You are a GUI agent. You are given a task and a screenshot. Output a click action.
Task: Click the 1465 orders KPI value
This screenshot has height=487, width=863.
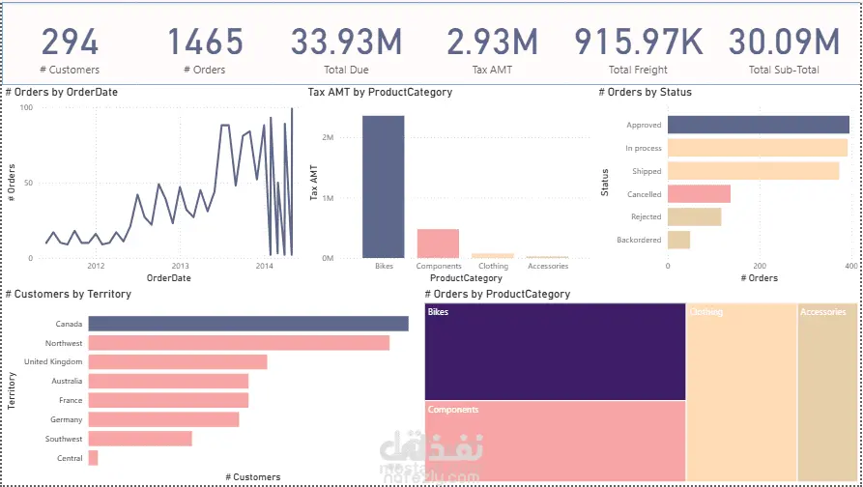pyautogui.click(x=205, y=43)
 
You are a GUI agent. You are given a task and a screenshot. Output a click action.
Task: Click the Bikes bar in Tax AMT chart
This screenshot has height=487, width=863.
pyautogui.click(x=384, y=186)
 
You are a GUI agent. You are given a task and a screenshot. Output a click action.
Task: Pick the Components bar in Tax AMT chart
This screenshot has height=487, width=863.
pyautogui.click(x=438, y=243)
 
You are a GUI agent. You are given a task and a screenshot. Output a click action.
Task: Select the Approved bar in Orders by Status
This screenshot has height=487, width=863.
pyautogui.click(x=758, y=125)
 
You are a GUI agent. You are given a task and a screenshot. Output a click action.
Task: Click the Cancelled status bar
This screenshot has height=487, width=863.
pyautogui.click(x=699, y=194)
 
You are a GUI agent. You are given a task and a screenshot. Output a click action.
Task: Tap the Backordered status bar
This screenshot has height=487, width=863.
pyautogui.click(x=678, y=240)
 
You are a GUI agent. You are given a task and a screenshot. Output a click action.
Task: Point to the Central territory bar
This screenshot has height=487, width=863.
pyautogui.click(x=93, y=458)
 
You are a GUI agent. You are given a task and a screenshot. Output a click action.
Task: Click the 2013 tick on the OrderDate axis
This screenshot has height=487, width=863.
pyautogui.click(x=180, y=266)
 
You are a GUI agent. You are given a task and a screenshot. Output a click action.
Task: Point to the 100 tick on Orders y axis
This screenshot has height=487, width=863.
pyautogui.click(x=27, y=107)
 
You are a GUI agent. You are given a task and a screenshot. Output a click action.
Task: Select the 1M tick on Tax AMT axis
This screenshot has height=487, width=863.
pyautogui.click(x=328, y=198)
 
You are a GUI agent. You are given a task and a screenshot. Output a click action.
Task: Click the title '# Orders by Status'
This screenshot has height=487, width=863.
pyautogui.click(x=645, y=93)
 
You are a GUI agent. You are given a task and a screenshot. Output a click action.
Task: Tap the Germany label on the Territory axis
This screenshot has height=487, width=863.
pyautogui.click(x=67, y=419)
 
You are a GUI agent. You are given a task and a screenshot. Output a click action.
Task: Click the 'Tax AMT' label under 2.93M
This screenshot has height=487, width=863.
pyautogui.click(x=492, y=70)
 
